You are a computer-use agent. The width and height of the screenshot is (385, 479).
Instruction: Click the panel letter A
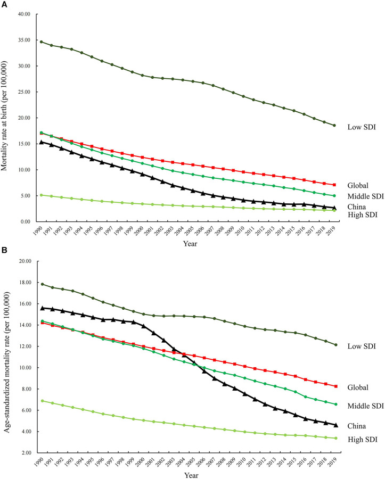coord(4,4)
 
